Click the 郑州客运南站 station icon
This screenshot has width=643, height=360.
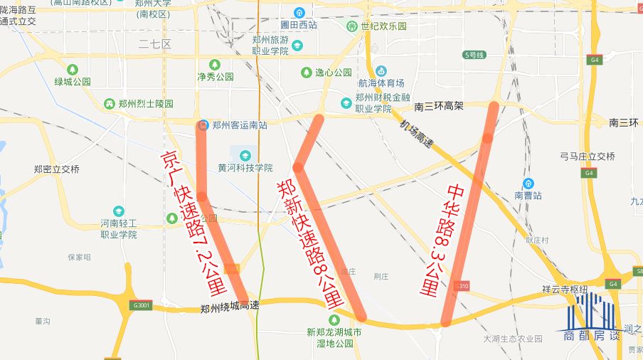pyautogui.click(x=203, y=125)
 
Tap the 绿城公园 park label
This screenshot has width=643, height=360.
pyautogui.click(x=73, y=81)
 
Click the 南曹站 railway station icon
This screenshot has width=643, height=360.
pyautogui.click(x=529, y=183)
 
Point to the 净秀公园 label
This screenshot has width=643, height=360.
pyautogui.click(x=215, y=76)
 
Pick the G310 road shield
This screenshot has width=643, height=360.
pyautogui.click(x=462, y=286)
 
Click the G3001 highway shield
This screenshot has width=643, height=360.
pyautogui.click(x=142, y=305)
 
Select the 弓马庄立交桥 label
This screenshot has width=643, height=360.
pyautogui.click(x=587, y=157)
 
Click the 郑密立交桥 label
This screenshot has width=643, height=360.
pyautogui.click(x=57, y=169)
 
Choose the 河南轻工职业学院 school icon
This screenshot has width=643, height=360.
pyautogui.click(x=118, y=211)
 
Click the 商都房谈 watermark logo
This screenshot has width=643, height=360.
pyautogui.click(x=592, y=317)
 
